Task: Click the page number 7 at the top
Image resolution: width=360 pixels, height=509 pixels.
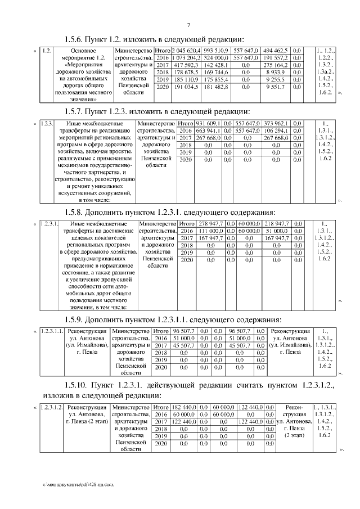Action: click(x=188, y=24)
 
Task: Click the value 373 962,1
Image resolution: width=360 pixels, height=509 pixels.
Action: click(x=276, y=123)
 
